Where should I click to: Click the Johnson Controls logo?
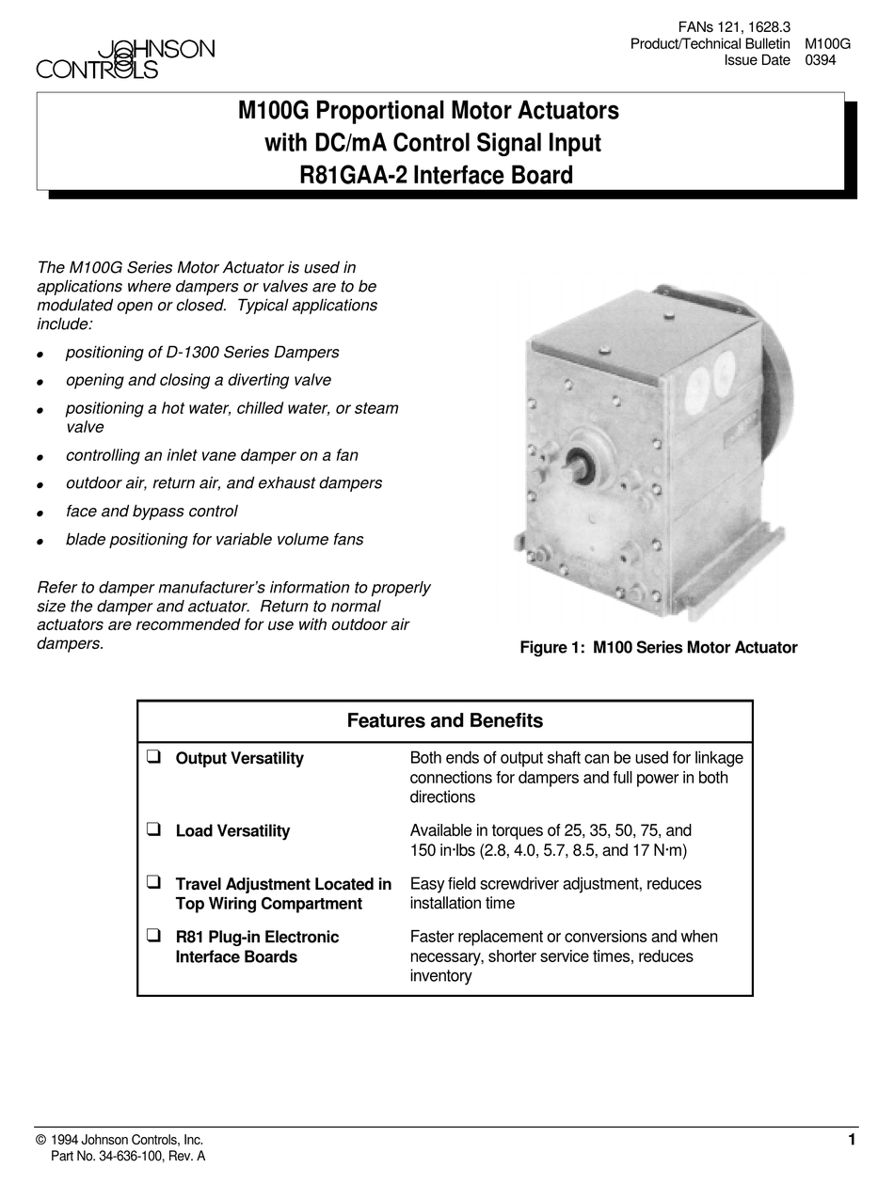[x=125, y=59]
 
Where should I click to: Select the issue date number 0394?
[x=822, y=61]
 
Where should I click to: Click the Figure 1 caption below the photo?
[x=659, y=647]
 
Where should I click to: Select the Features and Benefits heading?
[x=445, y=721]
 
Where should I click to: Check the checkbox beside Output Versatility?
[x=153, y=757]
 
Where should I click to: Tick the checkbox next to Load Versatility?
[x=153, y=829]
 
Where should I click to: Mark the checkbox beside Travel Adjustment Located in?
[x=153, y=883]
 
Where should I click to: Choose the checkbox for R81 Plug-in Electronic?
[x=153, y=936]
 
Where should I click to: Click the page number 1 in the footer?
[x=852, y=1140]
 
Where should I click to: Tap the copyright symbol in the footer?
[x=40, y=1140]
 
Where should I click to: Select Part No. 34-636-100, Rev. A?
[x=128, y=1157]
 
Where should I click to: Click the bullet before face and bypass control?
[x=40, y=513]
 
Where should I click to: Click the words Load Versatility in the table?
[x=232, y=830]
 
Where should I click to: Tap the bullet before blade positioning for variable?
[x=40, y=542]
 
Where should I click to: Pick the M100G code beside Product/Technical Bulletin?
[x=828, y=44]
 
